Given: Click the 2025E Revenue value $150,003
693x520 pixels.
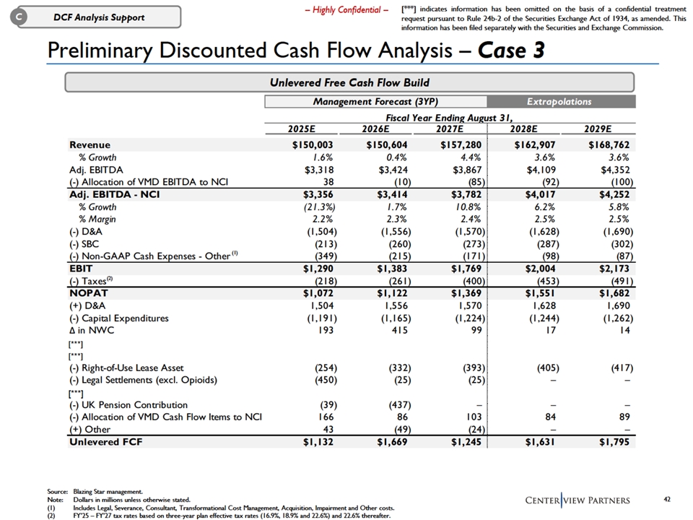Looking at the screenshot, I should pos(309,144).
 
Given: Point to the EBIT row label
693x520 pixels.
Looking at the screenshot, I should pos(82,268).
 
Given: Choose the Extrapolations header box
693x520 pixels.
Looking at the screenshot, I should pos(559,102).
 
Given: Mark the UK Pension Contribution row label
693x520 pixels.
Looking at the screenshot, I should pos(128,405).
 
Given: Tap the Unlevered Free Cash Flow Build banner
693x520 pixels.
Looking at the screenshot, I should pos(349,82).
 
